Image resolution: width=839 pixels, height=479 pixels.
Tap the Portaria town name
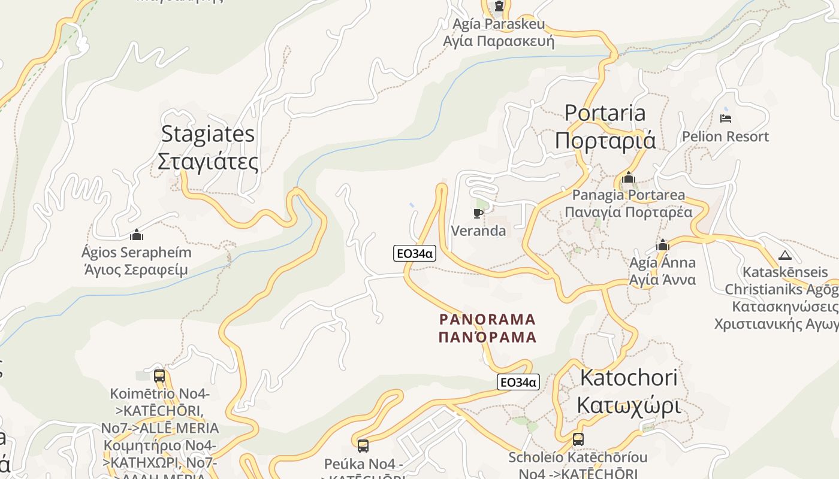(x=605, y=126)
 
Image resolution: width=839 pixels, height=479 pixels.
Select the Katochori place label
(x=629, y=392)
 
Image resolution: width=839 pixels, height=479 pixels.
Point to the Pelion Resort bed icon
(x=726, y=118)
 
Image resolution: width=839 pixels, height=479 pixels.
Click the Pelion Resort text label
(x=725, y=137)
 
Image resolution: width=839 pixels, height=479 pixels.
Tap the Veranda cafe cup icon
(x=478, y=213)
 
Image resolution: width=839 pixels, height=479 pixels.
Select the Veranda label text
(x=478, y=231)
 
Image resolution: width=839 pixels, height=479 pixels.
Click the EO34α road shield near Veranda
(x=414, y=253)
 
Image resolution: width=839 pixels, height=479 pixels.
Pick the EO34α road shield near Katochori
(x=518, y=382)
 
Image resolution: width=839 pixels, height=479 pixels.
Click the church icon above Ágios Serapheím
(x=137, y=234)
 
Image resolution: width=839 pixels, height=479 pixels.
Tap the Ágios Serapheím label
(x=136, y=260)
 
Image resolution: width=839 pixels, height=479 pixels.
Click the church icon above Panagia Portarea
(x=629, y=177)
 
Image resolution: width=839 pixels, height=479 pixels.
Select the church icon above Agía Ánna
(x=663, y=245)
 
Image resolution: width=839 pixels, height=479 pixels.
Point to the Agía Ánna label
(x=662, y=271)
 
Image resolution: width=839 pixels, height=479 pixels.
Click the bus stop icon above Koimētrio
(x=159, y=376)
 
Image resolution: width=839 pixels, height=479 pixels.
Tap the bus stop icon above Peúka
(x=363, y=445)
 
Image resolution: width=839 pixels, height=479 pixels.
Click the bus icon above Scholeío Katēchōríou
(x=578, y=439)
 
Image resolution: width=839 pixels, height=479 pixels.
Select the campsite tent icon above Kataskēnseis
(x=785, y=255)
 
